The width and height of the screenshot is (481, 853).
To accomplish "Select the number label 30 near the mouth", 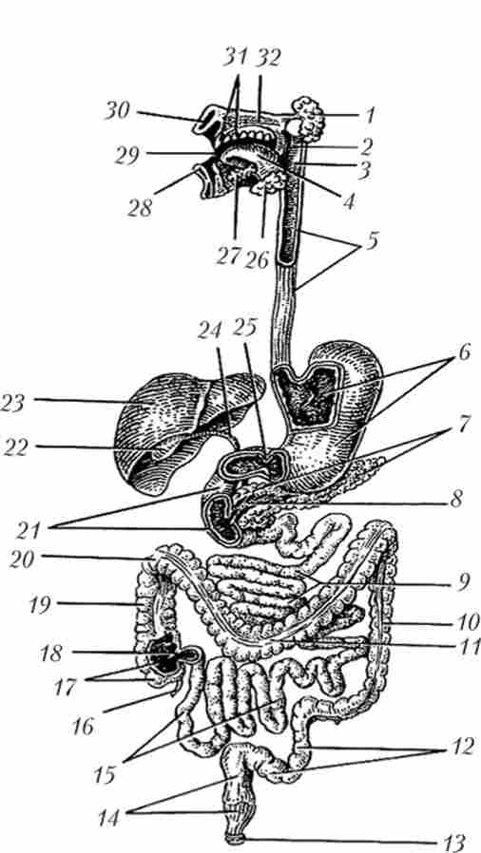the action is pyautogui.click(x=117, y=111).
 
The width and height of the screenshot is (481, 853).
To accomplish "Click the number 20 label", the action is pyautogui.click(x=23, y=558).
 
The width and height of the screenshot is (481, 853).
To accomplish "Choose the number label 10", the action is pyautogui.click(x=467, y=620).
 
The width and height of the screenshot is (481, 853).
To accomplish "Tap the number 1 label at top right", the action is pyautogui.click(x=370, y=114).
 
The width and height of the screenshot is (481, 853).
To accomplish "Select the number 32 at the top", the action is pyautogui.click(x=267, y=57).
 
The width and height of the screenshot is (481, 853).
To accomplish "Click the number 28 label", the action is pyautogui.click(x=140, y=207).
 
